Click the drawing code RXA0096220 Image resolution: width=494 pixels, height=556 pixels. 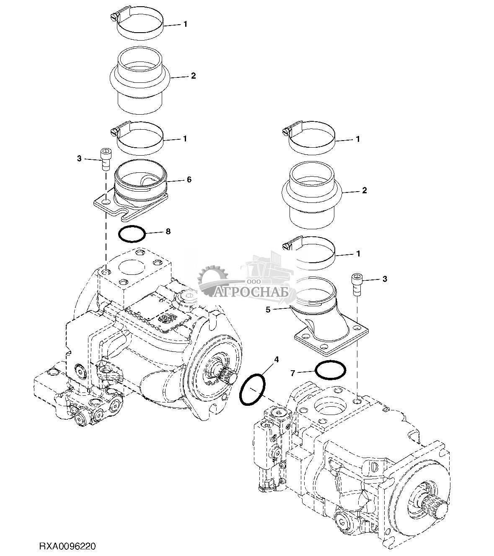point(68,547)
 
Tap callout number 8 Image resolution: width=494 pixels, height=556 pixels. point(168,231)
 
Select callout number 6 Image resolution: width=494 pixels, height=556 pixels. point(189,179)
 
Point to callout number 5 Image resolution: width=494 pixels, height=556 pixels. point(280,310)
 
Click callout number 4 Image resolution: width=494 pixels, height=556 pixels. point(275,359)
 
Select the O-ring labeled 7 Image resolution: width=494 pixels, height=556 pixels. point(331,370)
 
